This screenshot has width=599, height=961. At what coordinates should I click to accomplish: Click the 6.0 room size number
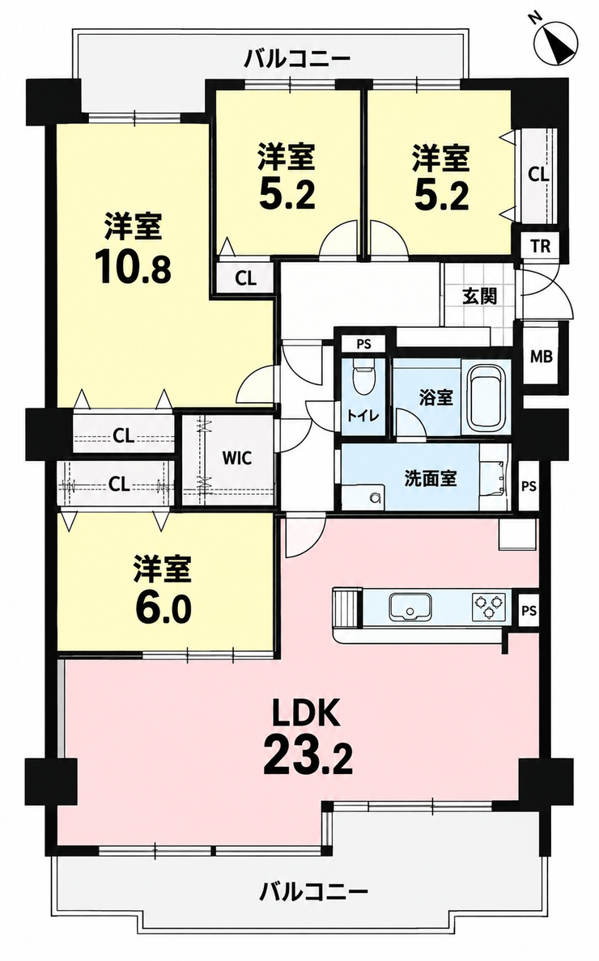click(x=163, y=609)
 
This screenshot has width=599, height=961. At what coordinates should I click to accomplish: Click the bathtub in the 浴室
click(x=486, y=398)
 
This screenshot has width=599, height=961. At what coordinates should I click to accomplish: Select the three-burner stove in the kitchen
click(x=489, y=606)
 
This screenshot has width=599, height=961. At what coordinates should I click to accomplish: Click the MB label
click(x=541, y=356)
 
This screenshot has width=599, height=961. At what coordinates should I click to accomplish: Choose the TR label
click(x=540, y=247)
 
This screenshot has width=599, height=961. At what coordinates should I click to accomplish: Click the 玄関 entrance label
click(x=479, y=297)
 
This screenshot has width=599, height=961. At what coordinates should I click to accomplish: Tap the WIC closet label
click(x=236, y=458)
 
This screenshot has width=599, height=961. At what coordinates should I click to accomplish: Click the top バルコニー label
click(x=298, y=60)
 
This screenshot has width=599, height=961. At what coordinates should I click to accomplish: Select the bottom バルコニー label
click(x=313, y=891)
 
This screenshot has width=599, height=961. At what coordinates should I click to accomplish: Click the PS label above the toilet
click(x=363, y=344)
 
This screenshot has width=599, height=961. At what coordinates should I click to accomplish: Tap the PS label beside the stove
click(x=529, y=611)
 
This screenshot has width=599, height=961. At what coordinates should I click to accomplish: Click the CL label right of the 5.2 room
click(x=538, y=175)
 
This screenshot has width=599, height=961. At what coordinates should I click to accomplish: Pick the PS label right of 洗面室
click(x=529, y=487)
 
